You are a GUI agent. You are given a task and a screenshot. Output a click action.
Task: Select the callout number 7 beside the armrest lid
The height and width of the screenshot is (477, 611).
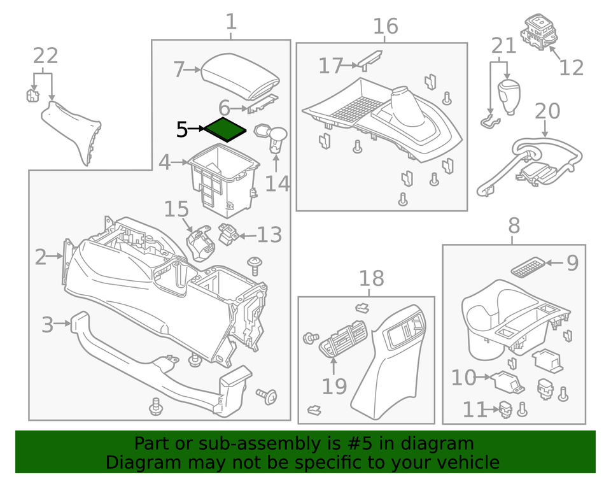[x=179, y=69]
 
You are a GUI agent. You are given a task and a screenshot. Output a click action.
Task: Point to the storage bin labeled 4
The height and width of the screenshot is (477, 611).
[x=223, y=175]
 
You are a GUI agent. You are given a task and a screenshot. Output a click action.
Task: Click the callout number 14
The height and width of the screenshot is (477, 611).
[x=277, y=183]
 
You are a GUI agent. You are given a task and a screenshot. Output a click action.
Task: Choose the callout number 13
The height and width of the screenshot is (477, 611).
[x=269, y=235]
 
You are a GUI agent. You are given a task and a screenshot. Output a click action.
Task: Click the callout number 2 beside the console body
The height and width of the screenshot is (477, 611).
[x=41, y=257]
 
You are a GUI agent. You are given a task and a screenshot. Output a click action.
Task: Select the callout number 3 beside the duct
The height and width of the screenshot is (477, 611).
[x=48, y=324]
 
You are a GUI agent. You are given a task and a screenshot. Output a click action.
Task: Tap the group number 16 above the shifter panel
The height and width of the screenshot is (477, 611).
[x=385, y=27]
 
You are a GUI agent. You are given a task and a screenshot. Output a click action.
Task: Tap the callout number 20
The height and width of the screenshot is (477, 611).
[x=547, y=111]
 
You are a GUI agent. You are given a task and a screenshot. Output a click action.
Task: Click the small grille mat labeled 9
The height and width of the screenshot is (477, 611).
[x=528, y=268]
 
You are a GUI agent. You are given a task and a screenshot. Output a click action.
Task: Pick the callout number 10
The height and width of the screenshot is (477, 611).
[x=463, y=378]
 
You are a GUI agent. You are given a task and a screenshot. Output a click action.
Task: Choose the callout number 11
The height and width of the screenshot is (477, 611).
[x=474, y=409]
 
